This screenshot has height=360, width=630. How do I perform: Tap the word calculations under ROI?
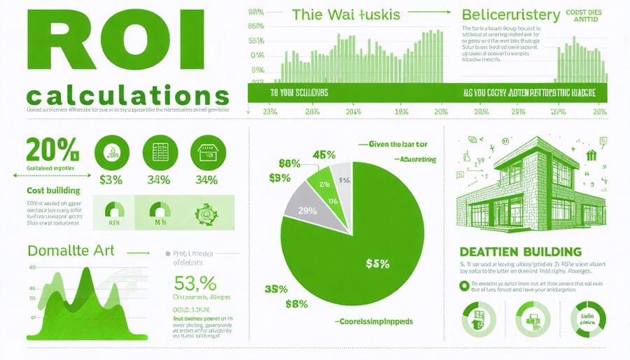(126, 96)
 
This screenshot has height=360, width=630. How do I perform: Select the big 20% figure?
(52, 150)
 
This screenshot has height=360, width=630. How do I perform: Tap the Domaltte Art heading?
(67, 250)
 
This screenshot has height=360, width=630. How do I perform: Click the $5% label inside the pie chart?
(378, 263)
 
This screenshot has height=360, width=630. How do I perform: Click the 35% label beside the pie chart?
(276, 289)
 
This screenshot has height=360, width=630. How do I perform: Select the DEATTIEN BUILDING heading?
(520, 251)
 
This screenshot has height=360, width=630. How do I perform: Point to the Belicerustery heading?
(510, 15)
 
